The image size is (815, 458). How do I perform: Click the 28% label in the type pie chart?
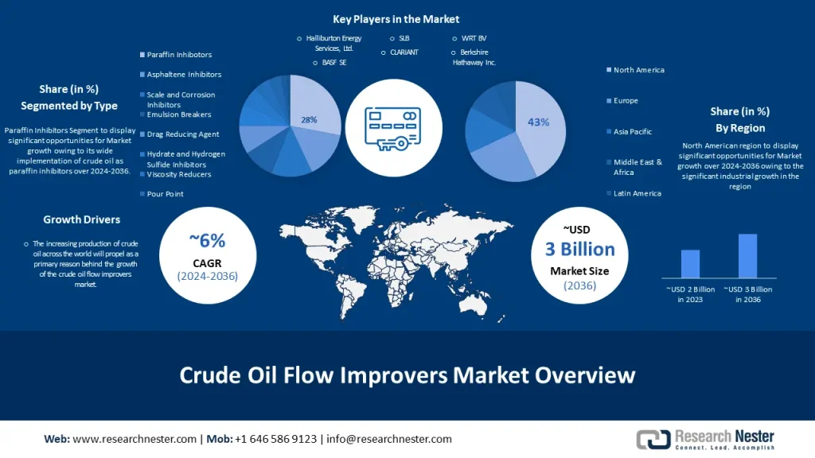click(309, 120)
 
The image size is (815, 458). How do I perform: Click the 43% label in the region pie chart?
click(539, 122)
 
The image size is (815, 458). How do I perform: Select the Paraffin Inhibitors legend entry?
click(176, 55)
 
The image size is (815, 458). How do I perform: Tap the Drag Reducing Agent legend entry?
click(179, 134)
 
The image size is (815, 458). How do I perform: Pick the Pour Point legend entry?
click(162, 194)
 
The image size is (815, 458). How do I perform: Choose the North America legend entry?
click(635, 70)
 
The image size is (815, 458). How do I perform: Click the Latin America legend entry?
click(634, 193)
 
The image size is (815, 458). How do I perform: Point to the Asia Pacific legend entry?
click(629, 131)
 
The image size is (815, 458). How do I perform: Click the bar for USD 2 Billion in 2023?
click(690, 264)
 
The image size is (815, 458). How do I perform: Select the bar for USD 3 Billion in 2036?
click(747, 255)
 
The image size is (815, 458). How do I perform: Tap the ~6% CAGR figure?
click(207, 240)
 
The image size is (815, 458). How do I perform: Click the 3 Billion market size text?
click(579, 249)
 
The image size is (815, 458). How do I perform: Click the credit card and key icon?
click(393, 129)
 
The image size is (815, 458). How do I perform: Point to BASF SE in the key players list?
click(333, 62)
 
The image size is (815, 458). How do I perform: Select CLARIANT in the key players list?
click(404, 52)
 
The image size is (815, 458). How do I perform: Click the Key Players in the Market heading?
click(396, 19)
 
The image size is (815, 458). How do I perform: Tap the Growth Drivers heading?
click(82, 219)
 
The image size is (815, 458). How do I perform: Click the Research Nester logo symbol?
click(653, 439)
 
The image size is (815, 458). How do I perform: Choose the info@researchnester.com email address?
click(388, 439)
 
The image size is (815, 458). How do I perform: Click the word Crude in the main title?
click(210, 375)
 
